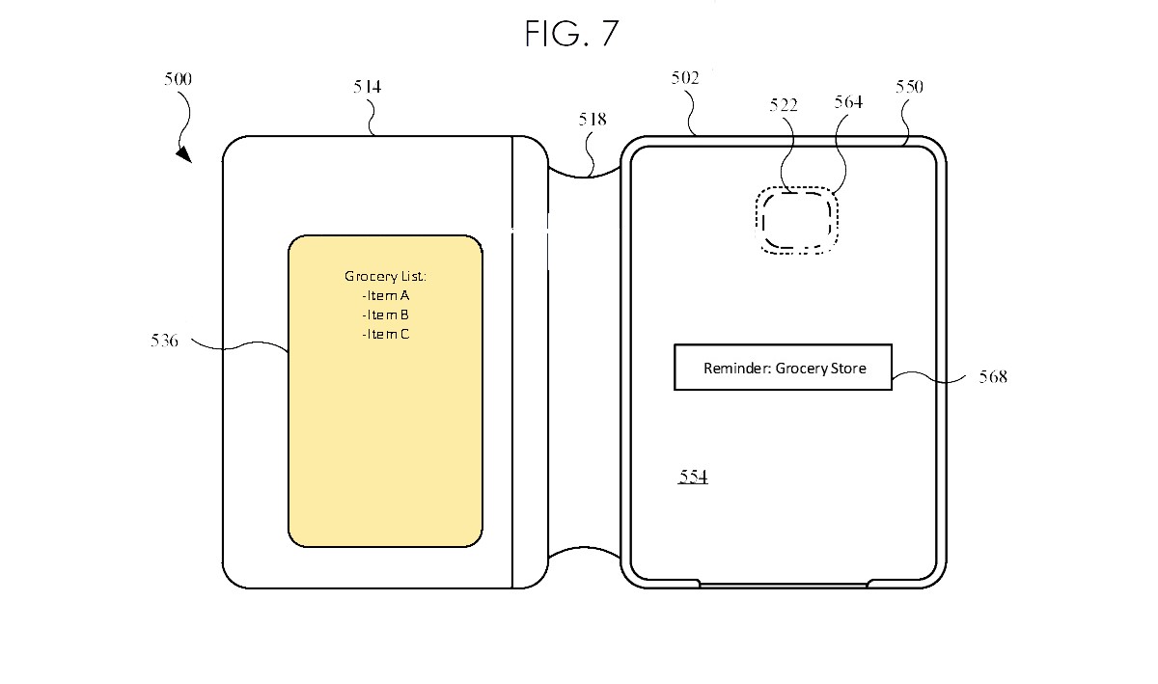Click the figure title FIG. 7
coord(571,34)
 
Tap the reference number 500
coord(178,80)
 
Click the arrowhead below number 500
coord(183,154)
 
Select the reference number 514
coord(367,87)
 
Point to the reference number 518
coord(593,120)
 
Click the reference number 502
coord(685,79)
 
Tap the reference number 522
coord(784,105)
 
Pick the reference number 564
coord(848,102)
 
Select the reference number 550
coord(909,87)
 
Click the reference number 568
coord(992,377)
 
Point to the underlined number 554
coord(693,477)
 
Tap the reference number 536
coord(164,341)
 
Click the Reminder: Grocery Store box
coord(783,368)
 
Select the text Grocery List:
coord(385,277)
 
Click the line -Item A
coord(385,296)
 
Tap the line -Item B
coord(385,315)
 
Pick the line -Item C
coord(385,335)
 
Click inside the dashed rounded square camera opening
coord(795,219)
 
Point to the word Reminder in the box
coord(736,369)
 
